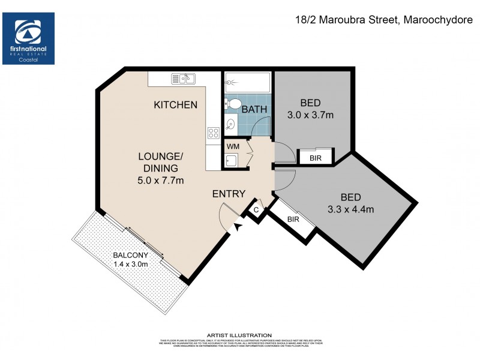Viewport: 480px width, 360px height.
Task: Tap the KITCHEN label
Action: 175,105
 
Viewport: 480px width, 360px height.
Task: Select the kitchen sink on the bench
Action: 184,78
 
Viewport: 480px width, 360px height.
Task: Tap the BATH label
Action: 254,109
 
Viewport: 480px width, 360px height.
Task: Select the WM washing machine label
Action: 233,146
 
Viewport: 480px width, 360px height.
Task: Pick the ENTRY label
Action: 229,194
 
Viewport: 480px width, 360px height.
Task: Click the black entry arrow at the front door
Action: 238,227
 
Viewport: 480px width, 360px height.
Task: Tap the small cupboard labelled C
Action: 256,210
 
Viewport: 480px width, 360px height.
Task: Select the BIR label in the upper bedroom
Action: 315,158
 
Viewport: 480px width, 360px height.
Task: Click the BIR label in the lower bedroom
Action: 293,220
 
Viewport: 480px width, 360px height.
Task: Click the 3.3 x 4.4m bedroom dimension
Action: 351,209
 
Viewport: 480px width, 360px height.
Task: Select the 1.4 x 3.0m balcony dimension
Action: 130,264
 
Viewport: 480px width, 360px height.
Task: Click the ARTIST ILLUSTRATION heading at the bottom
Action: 239,335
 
